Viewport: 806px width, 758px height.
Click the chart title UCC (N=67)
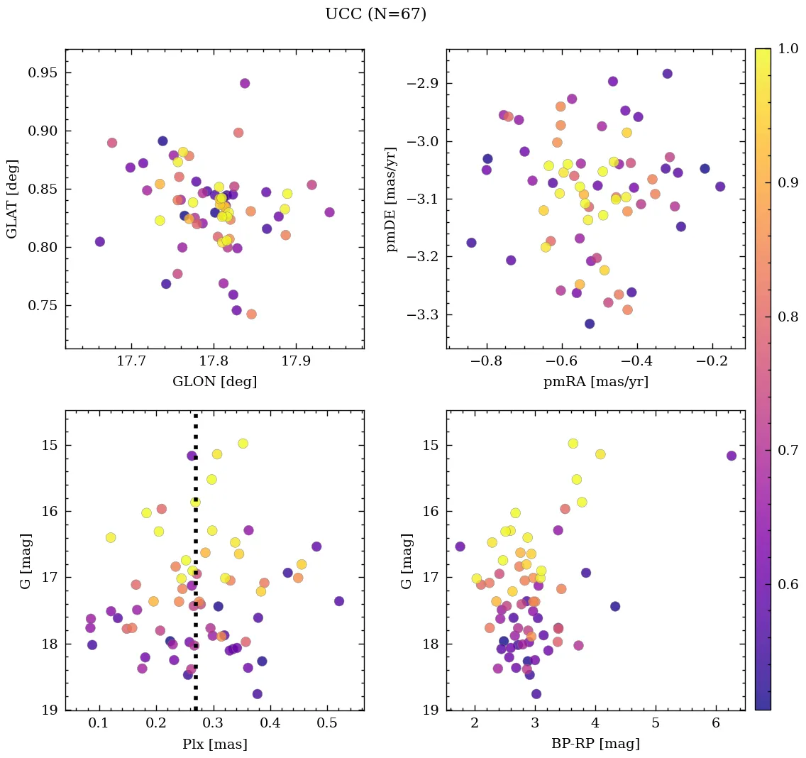click(x=375, y=14)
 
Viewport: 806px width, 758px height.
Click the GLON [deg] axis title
click(x=214, y=382)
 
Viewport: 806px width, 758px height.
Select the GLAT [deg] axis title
click(x=12, y=199)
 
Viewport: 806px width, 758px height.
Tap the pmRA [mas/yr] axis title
click(x=595, y=382)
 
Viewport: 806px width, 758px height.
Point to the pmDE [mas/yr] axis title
click(x=391, y=199)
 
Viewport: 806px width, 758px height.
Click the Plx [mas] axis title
click(x=214, y=744)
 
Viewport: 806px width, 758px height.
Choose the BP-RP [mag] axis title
click(x=595, y=744)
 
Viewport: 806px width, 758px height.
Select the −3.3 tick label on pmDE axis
click(x=424, y=315)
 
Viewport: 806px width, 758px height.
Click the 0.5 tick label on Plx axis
click(x=327, y=725)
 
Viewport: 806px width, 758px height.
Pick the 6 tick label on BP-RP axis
click(x=714, y=725)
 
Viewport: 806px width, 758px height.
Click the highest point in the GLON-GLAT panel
click(x=245, y=83)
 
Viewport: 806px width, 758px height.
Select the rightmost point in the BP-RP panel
click(x=732, y=456)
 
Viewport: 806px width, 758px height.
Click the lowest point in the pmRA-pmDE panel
click(x=589, y=324)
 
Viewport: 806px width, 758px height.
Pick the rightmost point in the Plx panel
click(x=339, y=601)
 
